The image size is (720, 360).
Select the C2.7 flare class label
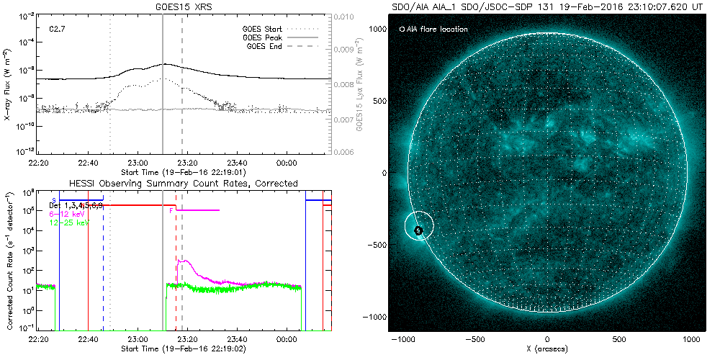click(58, 28)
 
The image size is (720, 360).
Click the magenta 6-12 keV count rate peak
click(184, 261)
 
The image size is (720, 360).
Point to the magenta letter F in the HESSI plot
click(171, 211)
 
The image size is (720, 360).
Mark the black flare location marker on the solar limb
click(418, 230)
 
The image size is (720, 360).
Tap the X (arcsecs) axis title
click(548, 349)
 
